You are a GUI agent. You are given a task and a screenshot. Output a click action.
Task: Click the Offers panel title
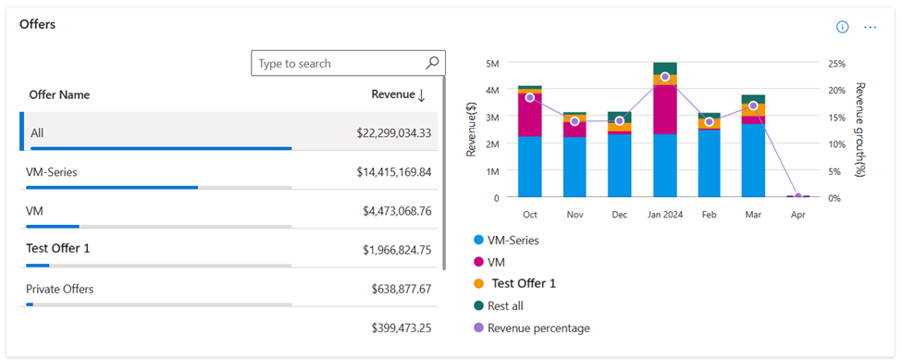pos(38,24)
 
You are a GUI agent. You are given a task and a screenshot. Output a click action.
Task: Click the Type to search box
pos(338,63)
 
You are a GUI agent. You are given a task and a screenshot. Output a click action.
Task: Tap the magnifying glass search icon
pos(432,63)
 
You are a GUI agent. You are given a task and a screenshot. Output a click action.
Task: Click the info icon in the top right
pos(842,27)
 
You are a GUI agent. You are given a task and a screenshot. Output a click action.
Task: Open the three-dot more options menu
pos(870,27)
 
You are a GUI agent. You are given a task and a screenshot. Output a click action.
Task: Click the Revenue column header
pos(398,94)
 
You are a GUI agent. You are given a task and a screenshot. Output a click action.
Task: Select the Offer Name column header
pos(59,94)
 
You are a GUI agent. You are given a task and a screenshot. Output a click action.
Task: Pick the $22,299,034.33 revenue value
pos(393,133)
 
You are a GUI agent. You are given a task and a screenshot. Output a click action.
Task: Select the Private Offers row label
pos(60,289)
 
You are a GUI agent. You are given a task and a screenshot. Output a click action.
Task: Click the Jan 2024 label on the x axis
pos(664,214)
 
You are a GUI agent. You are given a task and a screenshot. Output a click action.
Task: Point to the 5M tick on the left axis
pos(492,63)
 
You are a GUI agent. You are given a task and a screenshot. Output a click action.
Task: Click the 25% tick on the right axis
pos(835,63)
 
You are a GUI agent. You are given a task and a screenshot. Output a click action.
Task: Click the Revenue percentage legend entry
pos(537,328)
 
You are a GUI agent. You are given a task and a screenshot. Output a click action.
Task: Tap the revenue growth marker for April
pos(797,196)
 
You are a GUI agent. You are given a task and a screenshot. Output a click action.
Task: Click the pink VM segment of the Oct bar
pos(530,115)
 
